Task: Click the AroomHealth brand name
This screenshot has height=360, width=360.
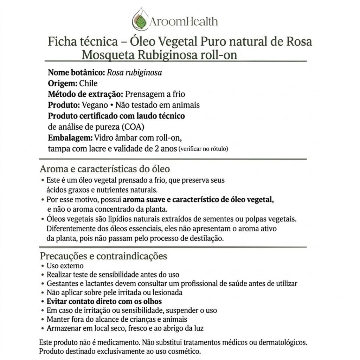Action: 183,22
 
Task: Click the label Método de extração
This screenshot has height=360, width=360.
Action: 85,94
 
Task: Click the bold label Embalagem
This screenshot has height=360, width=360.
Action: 70,137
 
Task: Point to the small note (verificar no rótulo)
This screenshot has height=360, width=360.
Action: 204,149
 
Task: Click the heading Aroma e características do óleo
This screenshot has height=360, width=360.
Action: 105,169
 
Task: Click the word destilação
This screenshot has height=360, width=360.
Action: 206,238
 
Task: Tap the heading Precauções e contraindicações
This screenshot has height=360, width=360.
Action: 103,256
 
